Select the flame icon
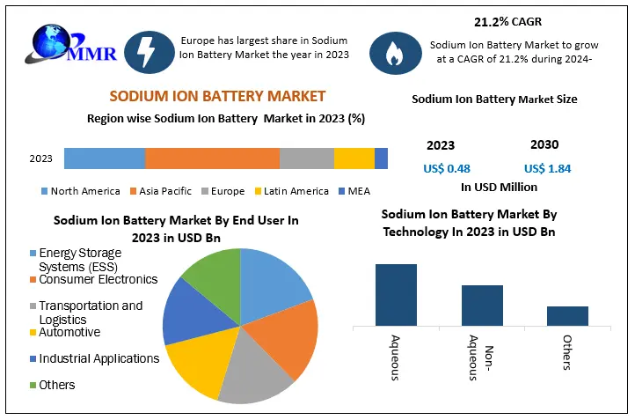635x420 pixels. (x=390, y=54)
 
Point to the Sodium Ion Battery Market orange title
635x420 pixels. (x=217, y=96)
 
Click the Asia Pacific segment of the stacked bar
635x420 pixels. (x=212, y=158)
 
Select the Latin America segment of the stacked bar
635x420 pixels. (x=354, y=158)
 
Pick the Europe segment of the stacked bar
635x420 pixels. (x=306, y=158)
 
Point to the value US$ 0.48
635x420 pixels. (x=446, y=168)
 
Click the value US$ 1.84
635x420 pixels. (x=546, y=168)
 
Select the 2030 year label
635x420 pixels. (x=544, y=144)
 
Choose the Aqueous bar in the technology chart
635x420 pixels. (x=396, y=295)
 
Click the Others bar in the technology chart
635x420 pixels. (x=567, y=315)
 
